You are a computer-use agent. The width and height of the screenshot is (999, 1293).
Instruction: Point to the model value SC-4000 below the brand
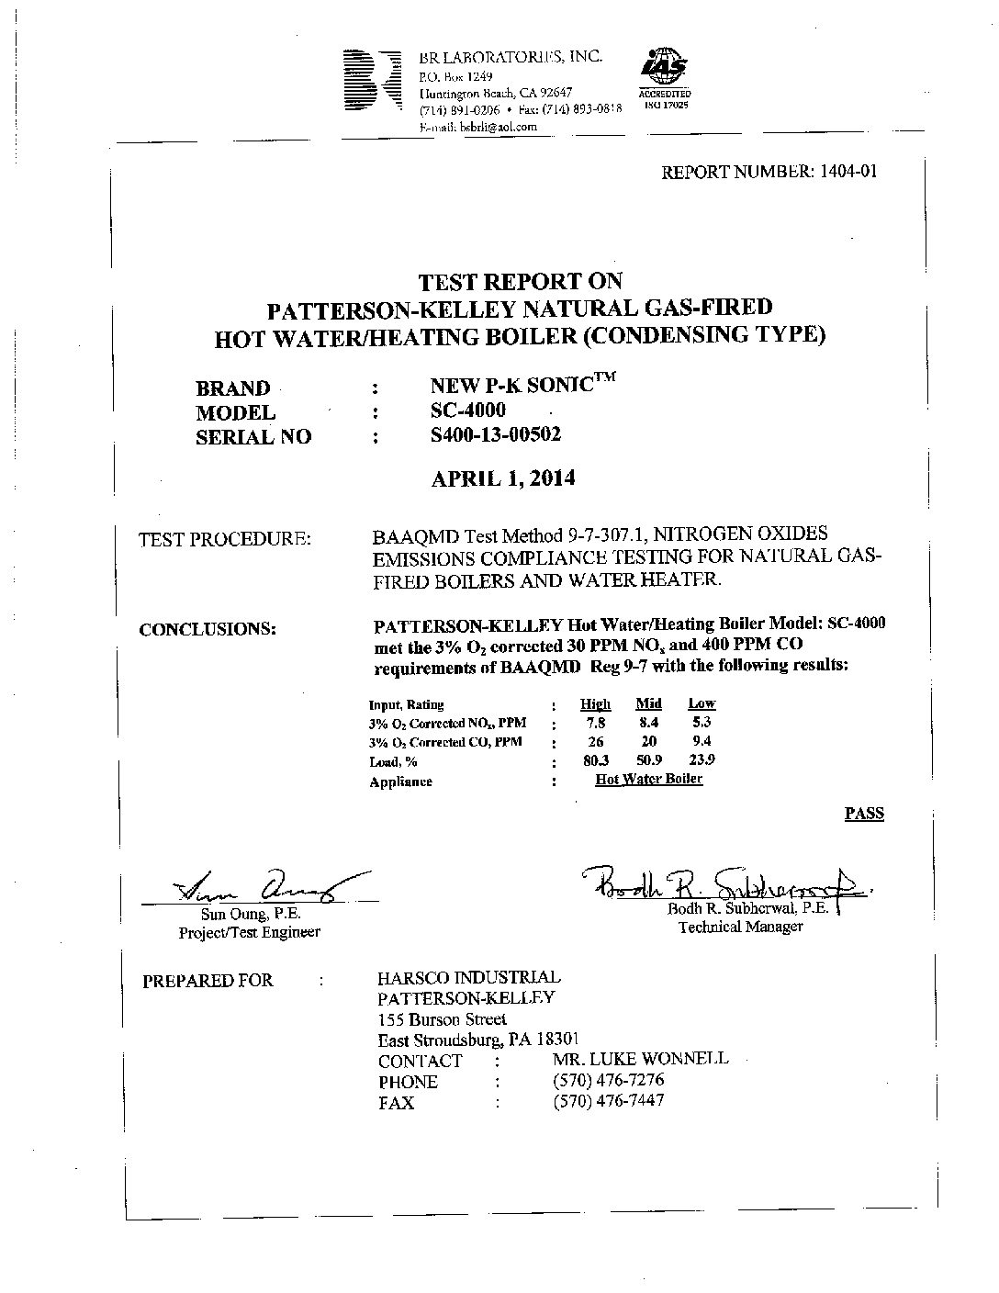[467, 410]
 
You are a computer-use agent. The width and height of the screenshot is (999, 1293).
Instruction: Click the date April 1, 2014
[502, 478]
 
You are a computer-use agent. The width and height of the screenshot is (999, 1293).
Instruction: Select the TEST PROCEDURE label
[225, 539]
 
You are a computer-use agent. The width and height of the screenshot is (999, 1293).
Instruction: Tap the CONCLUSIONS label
[208, 630]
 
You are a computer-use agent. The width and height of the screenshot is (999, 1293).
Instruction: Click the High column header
[595, 703]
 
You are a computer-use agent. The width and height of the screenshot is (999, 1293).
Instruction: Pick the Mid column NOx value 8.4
[649, 723]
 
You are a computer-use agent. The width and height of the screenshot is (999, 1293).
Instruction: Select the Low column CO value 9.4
[702, 741]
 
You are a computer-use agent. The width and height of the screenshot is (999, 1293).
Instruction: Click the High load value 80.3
[596, 760]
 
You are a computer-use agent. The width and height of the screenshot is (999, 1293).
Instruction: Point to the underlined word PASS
[863, 813]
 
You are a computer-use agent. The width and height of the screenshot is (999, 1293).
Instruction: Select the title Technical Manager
[740, 927]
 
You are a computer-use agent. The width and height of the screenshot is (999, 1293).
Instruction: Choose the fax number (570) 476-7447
[609, 1100]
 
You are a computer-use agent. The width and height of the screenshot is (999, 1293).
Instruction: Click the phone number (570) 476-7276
[609, 1079]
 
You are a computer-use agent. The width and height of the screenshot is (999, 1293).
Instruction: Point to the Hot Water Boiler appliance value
[648, 780]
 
